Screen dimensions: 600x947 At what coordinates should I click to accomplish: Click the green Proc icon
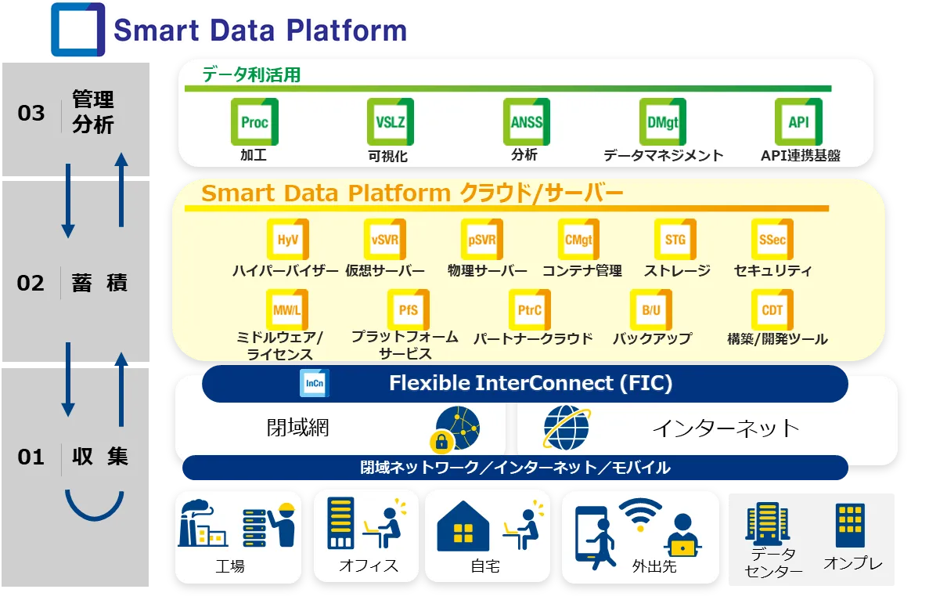pyautogui.click(x=254, y=122)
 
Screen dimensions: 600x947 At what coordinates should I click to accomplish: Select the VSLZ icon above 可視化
pyautogui.click(x=390, y=122)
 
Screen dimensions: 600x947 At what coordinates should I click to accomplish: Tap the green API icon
pyautogui.click(x=798, y=122)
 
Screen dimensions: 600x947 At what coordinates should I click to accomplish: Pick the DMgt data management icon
pyautogui.click(x=662, y=122)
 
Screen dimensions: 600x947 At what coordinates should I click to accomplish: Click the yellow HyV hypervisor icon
pyautogui.click(x=287, y=240)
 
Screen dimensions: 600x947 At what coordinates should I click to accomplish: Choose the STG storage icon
pyautogui.click(x=675, y=240)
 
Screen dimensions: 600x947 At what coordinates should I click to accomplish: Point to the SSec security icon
pyautogui.click(x=772, y=240)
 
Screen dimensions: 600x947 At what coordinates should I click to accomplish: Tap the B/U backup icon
pyautogui.click(x=651, y=310)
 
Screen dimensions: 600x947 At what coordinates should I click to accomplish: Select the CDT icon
pyautogui.click(x=772, y=310)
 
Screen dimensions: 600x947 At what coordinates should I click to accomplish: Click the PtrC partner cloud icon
pyautogui.click(x=530, y=310)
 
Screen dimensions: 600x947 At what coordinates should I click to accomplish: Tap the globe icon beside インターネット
pyautogui.click(x=567, y=428)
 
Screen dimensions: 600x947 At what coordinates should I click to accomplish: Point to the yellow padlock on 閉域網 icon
pyautogui.click(x=444, y=442)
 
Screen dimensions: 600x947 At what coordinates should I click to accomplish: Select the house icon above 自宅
pyautogui.click(x=463, y=527)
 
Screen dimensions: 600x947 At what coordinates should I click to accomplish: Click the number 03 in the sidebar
pyautogui.click(x=31, y=114)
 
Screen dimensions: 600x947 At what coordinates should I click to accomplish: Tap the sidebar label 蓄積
pyautogui.click(x=99, y=283)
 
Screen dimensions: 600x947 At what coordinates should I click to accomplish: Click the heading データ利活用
pyautogui.click(x=251, y=75)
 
